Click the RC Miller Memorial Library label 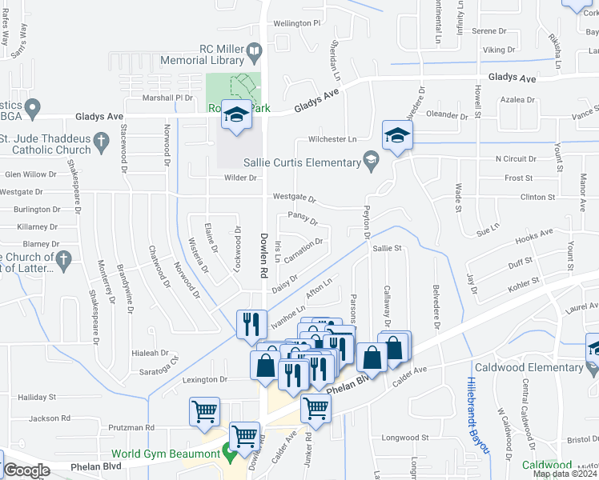[201, 54]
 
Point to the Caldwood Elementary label [529, 367]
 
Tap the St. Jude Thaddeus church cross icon [100, 142]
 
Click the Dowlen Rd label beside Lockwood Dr [263, 255]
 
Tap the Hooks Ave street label [534, 237]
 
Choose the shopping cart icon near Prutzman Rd [204, 412]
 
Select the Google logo [26, 470]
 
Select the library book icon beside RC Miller [254, 54]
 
